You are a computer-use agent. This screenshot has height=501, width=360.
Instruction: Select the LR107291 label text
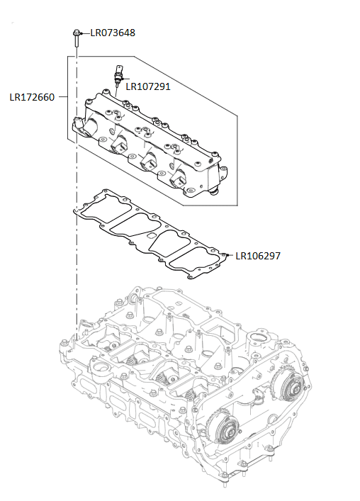[x=147, y=86]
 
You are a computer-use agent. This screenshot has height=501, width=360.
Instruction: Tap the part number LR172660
[x=31, y=97]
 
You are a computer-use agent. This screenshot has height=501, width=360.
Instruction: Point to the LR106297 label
[x=258, y=256]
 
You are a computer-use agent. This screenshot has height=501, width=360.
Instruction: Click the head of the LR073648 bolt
[x=75, y=33]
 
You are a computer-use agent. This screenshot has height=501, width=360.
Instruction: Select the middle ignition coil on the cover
[x=150, y=162]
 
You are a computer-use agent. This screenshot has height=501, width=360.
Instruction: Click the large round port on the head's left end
[x=99, y=369]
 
